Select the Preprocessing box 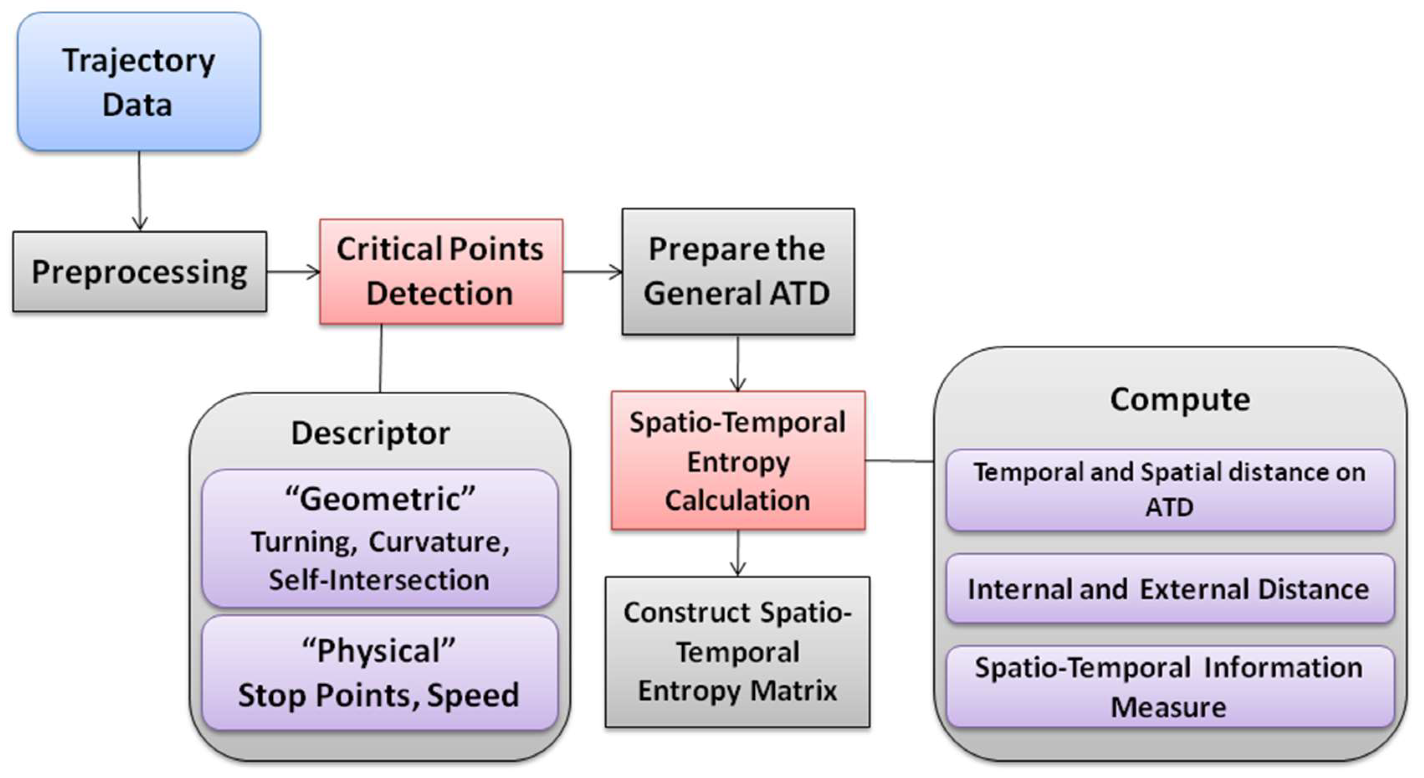coord(139,272)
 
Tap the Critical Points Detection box coord(441,271)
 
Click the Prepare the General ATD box coord(738,271)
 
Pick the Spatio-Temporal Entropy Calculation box coord(738,461)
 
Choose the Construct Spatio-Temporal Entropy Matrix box coord(738,651)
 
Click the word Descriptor coord(370,433)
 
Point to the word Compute coord(1180,399)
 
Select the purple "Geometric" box coord(379,538)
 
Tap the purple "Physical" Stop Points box coord(379,673)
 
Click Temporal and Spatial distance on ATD coord(1170,489)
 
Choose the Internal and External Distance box coord(1170,589)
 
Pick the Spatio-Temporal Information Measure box coord(1170,686)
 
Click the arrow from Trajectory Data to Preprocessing coord(139,191)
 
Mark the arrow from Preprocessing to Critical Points coord(293,272)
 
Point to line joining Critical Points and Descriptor coord(381,358)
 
